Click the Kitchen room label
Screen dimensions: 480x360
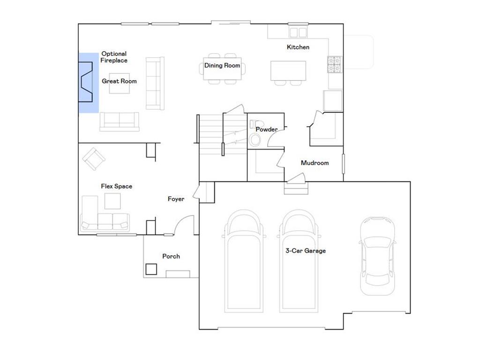[298, 47]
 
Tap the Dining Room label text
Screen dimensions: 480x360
[222, 65]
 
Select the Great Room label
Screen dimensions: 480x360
[119, 81]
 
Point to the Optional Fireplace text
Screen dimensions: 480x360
[114, 57]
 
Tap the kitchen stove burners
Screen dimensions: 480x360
[334, 64]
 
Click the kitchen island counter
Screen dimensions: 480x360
[288, 71]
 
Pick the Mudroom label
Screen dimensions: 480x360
[315, 163]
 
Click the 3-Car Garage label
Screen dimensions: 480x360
[306, 251]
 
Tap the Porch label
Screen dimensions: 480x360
[171, 256]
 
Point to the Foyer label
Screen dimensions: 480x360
[176, 199]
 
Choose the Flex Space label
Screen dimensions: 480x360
[117, 186]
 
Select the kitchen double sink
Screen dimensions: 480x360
[298, 32]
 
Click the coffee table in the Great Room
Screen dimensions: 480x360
[120, 83]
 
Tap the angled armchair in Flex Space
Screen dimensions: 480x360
[94, 159]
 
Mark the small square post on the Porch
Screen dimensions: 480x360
[151, 269]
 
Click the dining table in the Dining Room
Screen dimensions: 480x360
[222, 68]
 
